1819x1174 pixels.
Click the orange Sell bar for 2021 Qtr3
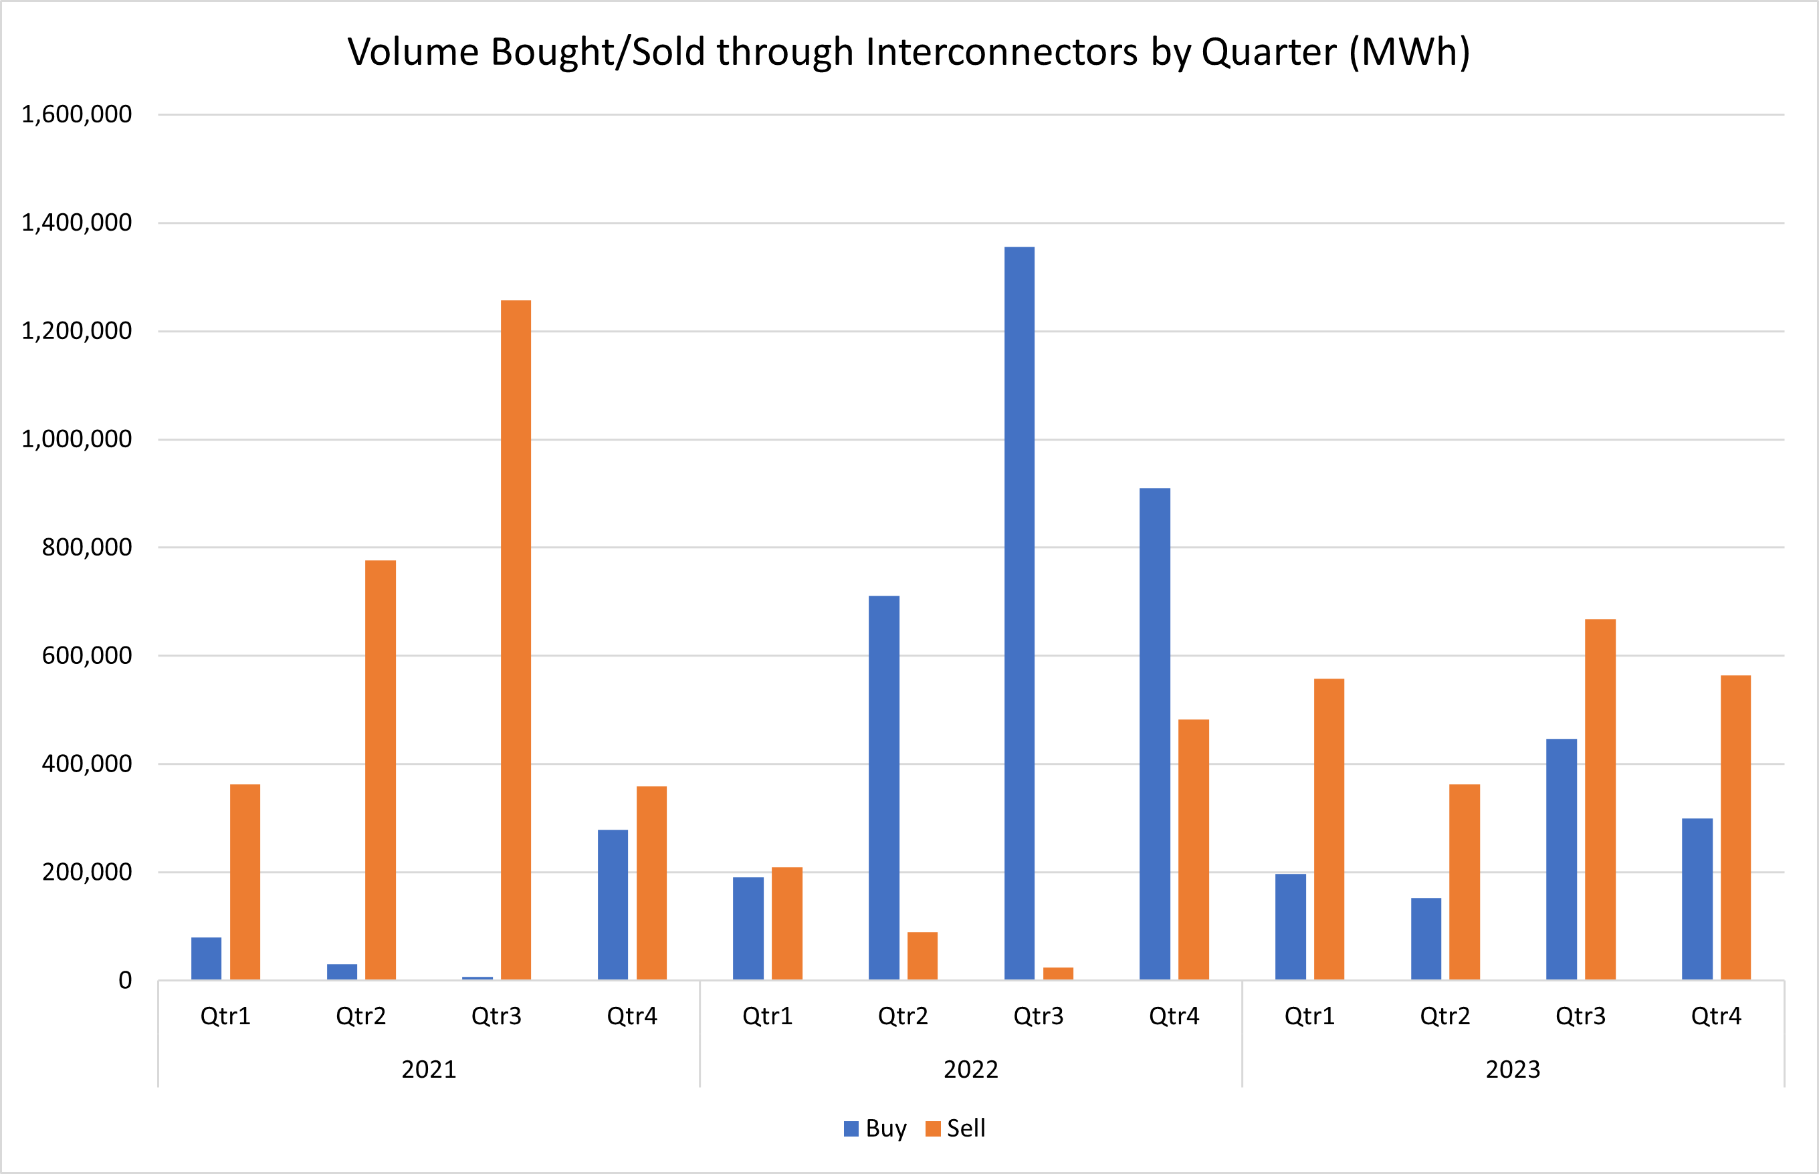coord(516,640)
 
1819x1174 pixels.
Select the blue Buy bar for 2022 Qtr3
coord(1019,614)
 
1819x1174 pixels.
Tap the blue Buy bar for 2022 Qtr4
coord(1154,733)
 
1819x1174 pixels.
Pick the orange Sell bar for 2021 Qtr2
coord(381,770)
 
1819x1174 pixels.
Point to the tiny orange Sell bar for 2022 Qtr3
coord(1058,973)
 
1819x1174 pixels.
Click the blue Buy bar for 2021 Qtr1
coord(206,958)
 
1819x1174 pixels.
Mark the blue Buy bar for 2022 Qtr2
coord(883,788)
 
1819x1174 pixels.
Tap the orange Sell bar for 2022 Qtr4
coord(1193,849)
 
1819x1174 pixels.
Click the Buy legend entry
coord(877,1129)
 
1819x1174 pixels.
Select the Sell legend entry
coord(957,1129)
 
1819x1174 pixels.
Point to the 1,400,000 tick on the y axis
coord(76,223)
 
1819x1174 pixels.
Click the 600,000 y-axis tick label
coord(86,656)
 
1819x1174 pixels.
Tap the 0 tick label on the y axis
coord(125,980)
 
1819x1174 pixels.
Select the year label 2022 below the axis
coord(970,1070)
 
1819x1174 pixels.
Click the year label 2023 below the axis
coord(1513,1070)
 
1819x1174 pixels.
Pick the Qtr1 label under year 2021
coord(225,1016)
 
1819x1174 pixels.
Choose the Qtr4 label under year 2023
coord(1716,1016)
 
